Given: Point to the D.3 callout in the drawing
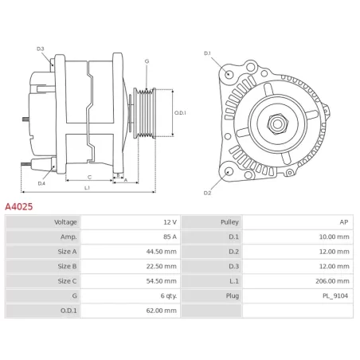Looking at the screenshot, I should tap(41, 49).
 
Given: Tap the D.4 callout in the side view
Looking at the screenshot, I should tap(41, 183).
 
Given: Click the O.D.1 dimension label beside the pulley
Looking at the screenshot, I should tap(179, 113).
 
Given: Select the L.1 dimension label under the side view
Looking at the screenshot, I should tap(87, 188).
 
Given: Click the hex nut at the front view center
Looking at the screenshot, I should tap(280, 123).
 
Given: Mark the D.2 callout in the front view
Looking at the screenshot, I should tap(207, 193).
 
